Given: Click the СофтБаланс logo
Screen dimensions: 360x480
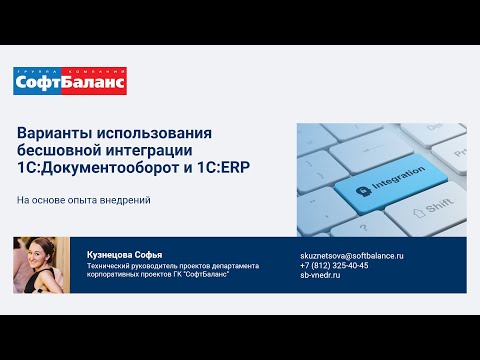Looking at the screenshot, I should click(69, 81).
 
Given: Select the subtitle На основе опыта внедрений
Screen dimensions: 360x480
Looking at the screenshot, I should click(83, 200).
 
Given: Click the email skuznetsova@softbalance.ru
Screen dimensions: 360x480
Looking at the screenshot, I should click(351, 256).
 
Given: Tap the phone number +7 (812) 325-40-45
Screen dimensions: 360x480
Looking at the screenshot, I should click(334, 265).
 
